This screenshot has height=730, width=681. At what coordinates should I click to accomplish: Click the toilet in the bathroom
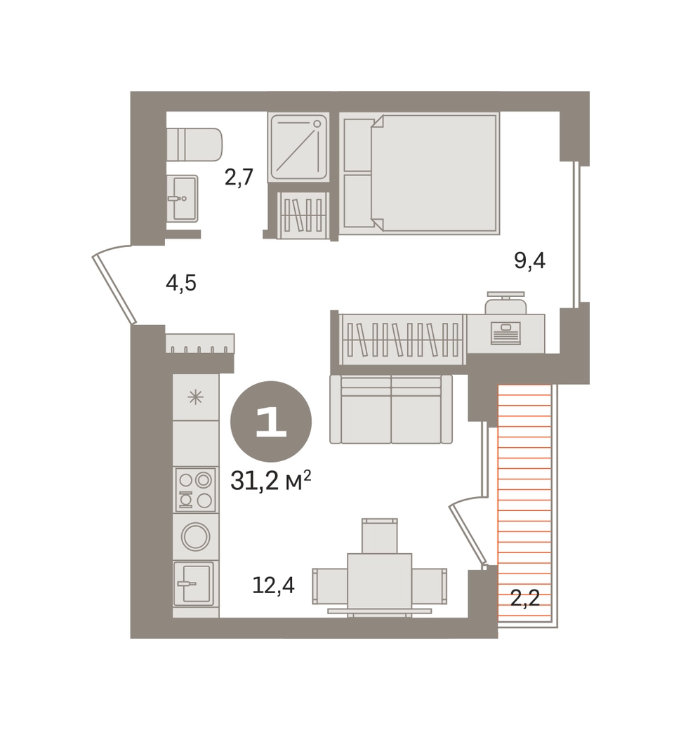[x=194, y=145]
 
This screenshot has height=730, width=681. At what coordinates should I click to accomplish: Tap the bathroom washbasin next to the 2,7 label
[x=183, y=199]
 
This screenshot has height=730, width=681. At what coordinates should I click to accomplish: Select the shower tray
[x=298, y=147]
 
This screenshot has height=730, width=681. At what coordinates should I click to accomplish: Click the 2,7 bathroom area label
[x=239, y=178]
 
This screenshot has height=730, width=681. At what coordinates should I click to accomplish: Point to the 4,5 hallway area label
[x=181, y=283]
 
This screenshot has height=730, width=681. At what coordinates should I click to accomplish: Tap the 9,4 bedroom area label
[x=529, y=260]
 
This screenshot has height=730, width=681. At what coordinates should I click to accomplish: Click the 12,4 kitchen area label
[x=273, y=585]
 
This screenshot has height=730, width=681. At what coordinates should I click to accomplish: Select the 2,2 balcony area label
[x=525, y=598]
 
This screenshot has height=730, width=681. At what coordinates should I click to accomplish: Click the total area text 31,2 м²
[x=270, y=481]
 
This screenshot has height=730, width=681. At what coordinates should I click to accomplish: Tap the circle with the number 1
[x=270, y=423]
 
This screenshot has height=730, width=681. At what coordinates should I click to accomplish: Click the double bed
[x=419, y=173]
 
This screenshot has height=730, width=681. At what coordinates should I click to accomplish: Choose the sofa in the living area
[x=391, y=409]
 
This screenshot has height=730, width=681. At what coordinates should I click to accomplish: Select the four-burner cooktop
[x=196, y=490]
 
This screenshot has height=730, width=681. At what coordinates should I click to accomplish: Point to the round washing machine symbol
[x=196, y=537]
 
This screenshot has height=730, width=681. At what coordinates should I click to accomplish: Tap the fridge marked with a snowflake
[x=196, y=397]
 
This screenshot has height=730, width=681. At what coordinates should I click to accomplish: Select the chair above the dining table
[x=380, y=536]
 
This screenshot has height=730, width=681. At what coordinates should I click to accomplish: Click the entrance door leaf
[x=114, y=288]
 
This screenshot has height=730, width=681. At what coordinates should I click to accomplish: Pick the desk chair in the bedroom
[x=506, y=303]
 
